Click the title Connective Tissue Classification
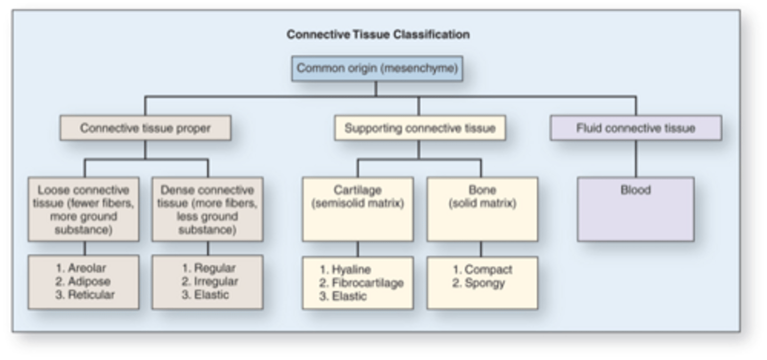[378, 35]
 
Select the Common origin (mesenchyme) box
[377, 69]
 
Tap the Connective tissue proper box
[145, 128]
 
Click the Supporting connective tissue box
[420, 128]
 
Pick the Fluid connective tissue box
[635, 128]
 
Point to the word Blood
[635, 190]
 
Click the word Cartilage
[357, 190]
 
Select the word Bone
[482, 190]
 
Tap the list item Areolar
[87, 268]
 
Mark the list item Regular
[214, 268]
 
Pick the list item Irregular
[216, 282]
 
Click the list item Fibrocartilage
[367, 283]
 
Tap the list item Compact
[488, 270]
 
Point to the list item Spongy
[484, 283]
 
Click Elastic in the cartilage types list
[349, 296]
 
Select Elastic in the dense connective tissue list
[211, 294]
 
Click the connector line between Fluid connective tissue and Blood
[635, 159]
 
